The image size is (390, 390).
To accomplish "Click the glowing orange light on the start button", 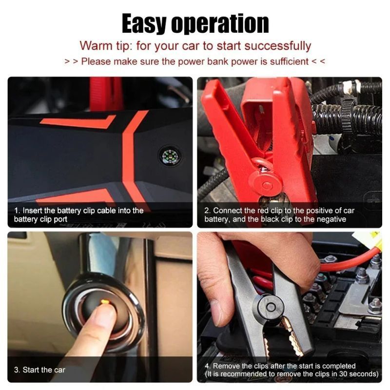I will [104, 303].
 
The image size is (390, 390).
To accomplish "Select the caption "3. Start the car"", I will [39, 370].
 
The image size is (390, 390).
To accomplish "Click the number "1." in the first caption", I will [18, 211].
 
